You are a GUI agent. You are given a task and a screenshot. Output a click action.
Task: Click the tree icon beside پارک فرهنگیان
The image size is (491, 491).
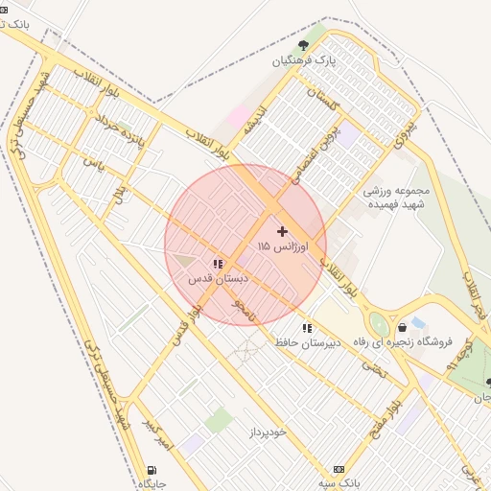[304, 45]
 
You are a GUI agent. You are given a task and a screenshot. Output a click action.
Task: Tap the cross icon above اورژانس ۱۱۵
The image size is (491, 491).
[282, 231]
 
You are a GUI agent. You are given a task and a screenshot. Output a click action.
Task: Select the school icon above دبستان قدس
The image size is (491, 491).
[218, 262]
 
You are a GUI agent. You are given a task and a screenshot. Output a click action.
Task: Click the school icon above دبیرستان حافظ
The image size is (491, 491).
[307, 328]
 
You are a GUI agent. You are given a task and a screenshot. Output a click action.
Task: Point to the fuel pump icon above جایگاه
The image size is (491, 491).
[151, 470]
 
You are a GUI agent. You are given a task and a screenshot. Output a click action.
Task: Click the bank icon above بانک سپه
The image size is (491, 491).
[338, 469]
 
